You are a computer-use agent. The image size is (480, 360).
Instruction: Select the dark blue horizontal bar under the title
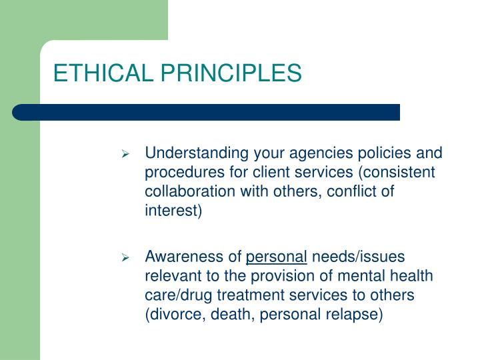207,112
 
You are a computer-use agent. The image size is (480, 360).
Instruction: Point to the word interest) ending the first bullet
173,212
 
